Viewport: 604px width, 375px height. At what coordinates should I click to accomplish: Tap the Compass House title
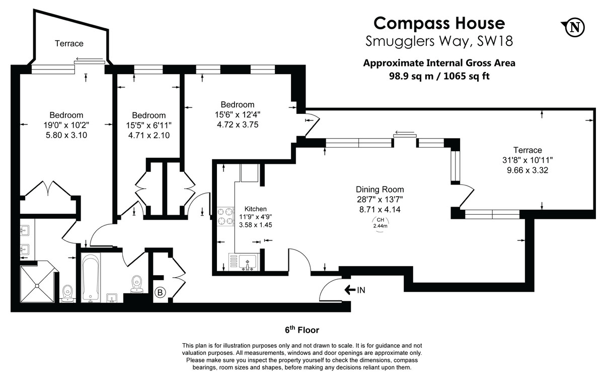tap(439, 23)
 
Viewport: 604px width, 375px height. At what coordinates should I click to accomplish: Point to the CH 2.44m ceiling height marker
tap(381, 223)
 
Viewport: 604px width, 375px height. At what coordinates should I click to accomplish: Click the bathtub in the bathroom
tap(91, 277)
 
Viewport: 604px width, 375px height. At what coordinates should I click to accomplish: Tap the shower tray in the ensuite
tap(37, 284)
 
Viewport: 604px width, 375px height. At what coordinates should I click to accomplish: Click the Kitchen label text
tap(255, 209)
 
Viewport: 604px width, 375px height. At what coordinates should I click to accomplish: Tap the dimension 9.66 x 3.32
tap(527, 170)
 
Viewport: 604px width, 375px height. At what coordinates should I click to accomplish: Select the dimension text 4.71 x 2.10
tap(149, 135)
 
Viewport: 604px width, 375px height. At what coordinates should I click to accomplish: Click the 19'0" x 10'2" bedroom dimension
tap(66, 124)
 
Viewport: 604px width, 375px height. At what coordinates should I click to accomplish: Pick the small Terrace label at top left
tap(69, 44)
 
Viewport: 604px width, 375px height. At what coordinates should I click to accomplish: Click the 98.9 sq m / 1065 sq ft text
tap(439, 76)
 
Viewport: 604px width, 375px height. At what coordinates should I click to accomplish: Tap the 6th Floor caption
tap(302, 330)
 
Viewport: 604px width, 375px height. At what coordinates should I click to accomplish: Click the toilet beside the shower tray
tap(67, 293)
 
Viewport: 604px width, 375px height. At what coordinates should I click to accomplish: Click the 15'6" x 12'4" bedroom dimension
tap(235, 114)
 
